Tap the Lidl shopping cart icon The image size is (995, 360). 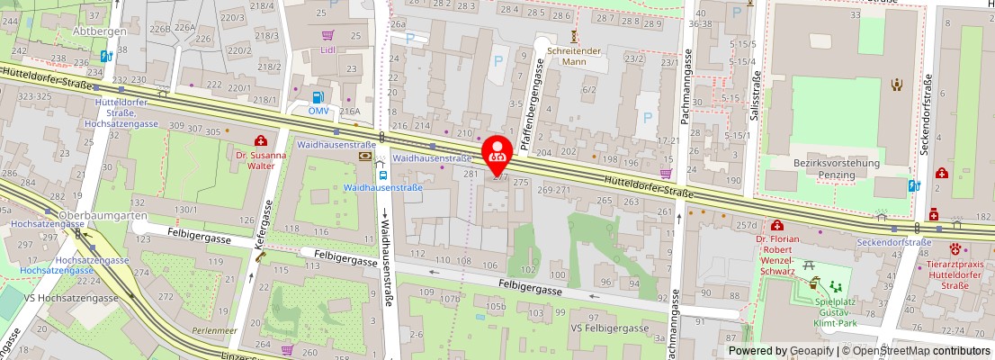(328, 36)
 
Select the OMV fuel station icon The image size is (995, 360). (318, 97)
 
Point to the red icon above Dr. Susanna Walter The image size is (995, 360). (261, 140)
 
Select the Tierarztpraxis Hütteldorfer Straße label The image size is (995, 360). (956, 275)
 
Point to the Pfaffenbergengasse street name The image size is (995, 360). (539, 92)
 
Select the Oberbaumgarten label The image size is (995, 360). (91, 215)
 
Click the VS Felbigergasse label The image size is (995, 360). (608, 328)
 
